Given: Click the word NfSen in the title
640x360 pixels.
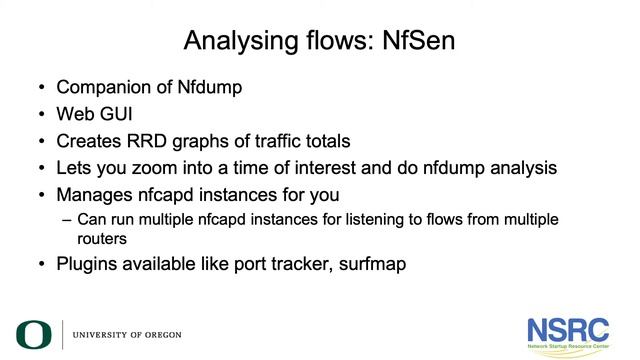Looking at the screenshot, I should [420, 42].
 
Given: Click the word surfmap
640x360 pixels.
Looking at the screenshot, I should [370, 266].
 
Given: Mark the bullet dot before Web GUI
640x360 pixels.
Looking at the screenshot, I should [40, 114].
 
